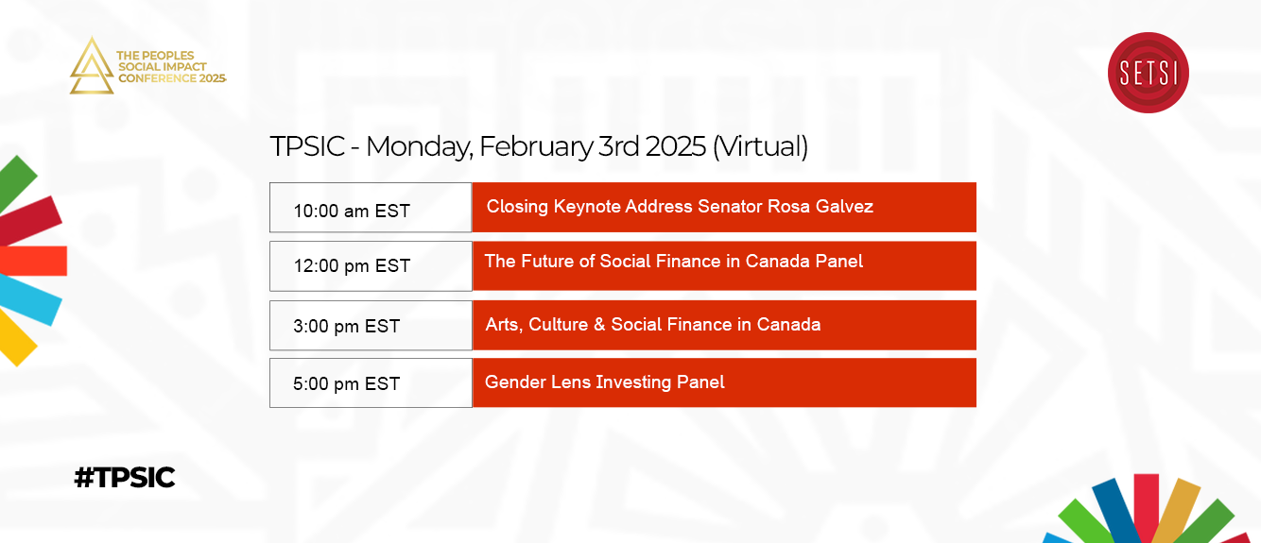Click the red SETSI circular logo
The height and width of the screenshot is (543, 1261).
pos(1148,73)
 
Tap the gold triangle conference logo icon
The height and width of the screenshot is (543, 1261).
pos(91,66)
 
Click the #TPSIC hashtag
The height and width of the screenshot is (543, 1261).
pos(125,478)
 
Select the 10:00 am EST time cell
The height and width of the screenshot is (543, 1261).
pos(371,208)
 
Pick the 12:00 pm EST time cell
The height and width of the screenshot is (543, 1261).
pos(371,266)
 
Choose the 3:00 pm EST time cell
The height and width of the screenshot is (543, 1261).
pos(371,326)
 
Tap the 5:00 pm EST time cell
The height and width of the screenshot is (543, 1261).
pos(371,382)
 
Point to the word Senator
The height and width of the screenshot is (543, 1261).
pos(730,206)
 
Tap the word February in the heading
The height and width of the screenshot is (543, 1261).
pos(536,146)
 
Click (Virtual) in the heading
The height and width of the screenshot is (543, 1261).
pos(760,146)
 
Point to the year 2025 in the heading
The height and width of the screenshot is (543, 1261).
pos(675,146)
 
